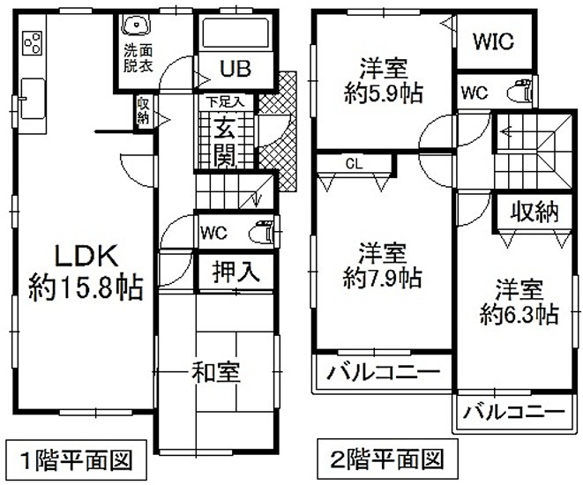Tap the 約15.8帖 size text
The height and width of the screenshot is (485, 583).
[x=86, y=288]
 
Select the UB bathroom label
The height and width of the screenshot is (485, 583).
[x=235, y=68]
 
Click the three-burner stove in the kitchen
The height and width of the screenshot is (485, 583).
[x=33, y=41]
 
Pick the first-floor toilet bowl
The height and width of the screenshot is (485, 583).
[x=262, y=235]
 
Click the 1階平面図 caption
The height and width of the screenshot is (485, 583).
[x=77, y=459]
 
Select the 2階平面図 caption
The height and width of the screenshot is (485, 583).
[x=381, y=459]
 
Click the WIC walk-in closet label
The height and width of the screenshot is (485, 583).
[x=493, y=41]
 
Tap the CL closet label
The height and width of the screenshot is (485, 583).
[x=353, y=162]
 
